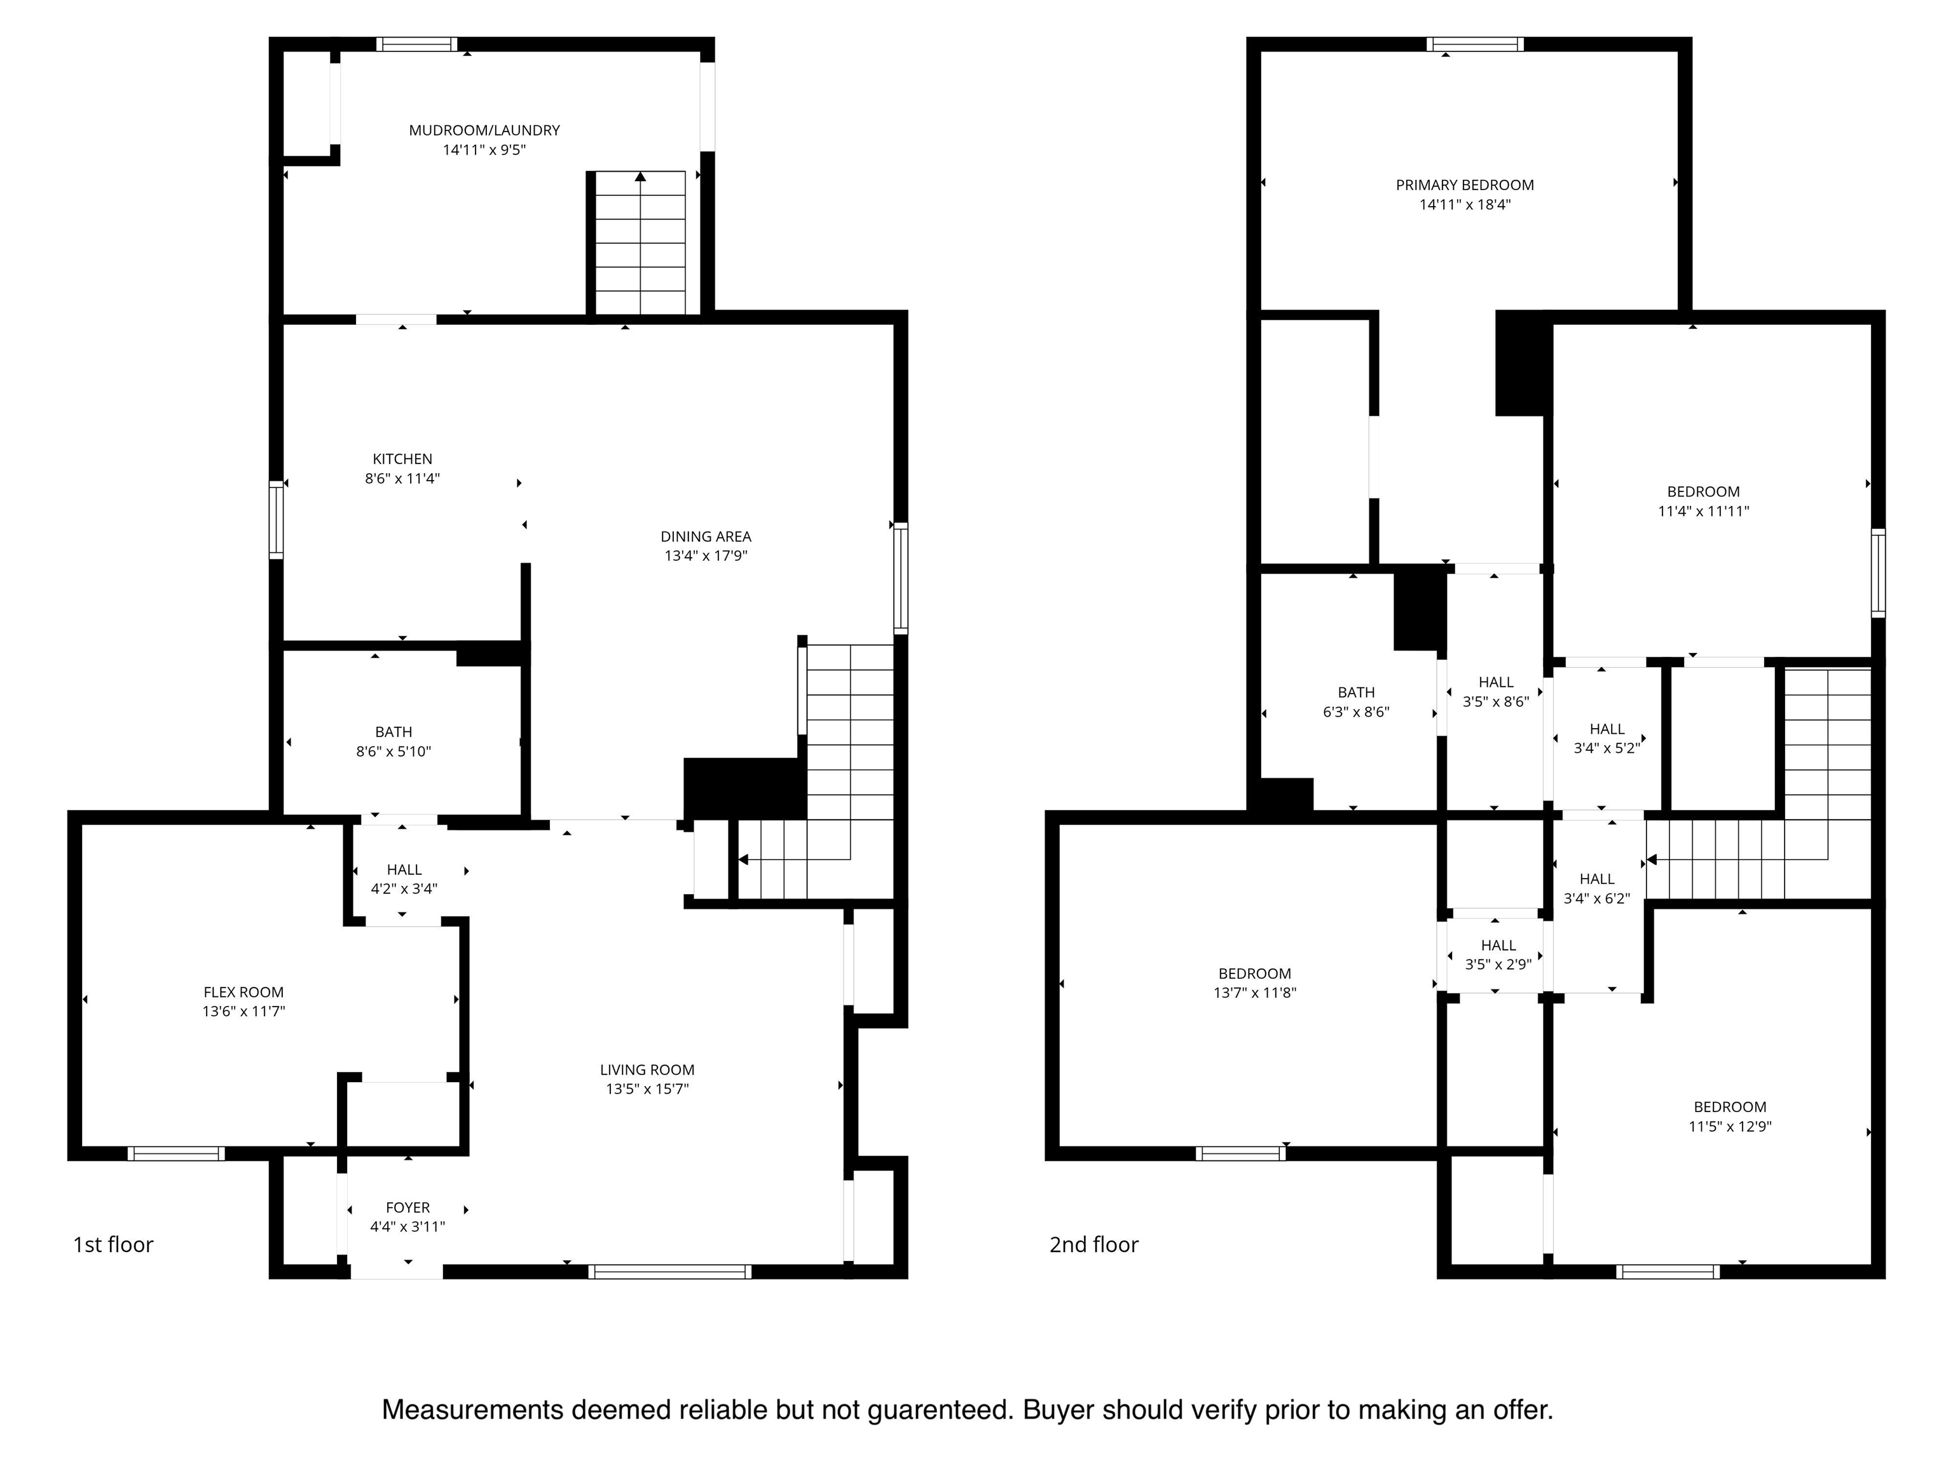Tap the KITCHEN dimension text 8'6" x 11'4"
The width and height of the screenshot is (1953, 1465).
coord(402,479)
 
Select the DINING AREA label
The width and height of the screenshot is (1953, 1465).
coord(706,536)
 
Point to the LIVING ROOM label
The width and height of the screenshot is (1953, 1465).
coord(647,1070)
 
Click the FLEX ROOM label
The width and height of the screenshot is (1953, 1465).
coord(243,992)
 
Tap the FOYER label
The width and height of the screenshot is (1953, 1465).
coord(408,1207)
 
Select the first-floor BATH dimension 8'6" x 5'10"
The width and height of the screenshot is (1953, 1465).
coord(394,752)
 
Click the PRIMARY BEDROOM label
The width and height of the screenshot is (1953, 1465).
coord(1465,184)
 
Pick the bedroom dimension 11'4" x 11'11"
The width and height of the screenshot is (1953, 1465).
coord(1703,511)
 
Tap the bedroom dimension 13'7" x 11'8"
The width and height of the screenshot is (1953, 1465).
coord(1254,993)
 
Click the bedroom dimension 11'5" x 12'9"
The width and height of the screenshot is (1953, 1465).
coord(1730,1126)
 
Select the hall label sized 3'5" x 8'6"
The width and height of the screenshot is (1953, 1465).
coord(1496,682)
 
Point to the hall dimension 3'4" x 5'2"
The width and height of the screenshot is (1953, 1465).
coord(1607,748)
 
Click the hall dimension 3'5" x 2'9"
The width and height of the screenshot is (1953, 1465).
coord(1498,965)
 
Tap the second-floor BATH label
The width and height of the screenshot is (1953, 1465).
coord(1356,692)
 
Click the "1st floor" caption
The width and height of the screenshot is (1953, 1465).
coord(113,1244)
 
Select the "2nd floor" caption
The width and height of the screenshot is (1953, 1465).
coord(1094,1244)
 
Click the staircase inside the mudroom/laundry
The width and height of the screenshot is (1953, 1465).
coord(640,243)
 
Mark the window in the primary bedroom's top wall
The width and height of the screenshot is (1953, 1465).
coord(1476,44)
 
